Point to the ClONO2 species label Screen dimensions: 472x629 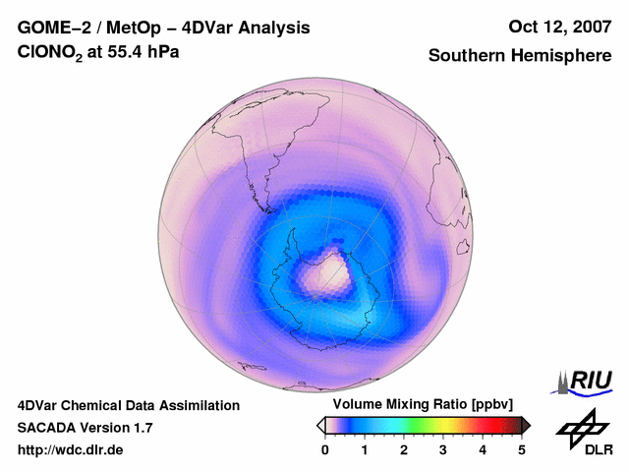pyautogui.click(x=48, y=56)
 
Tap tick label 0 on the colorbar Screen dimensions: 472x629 pyautogui.click(x=325, y=449)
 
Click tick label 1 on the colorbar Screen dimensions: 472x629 pyautogui.click(x=365, y=449)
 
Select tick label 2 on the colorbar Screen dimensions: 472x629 pyautogui.click(x=404, y=449)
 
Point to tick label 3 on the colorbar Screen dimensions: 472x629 pyautogui.click(x=443, y=449)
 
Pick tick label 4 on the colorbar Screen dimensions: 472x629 pyautogui.click(x=483, y=449)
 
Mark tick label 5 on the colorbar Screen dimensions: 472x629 pyautogui.click(x=522, y=449)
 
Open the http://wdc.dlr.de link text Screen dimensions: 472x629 pyautogui.click(x=71, y=450)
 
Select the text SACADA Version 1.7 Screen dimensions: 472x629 pyautogui.click(x=85, y=428)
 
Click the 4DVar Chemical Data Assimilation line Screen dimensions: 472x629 pyautogui.click(x=128, y=405)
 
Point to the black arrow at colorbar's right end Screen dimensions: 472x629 pyautogui.click(x=526, y=425)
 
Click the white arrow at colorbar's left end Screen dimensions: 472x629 pyautogui.click(x=321, y=425)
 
